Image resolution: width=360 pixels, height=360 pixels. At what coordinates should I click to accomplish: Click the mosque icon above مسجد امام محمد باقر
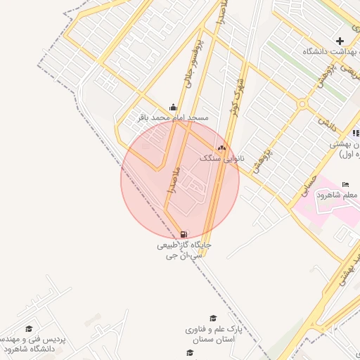point(173,107)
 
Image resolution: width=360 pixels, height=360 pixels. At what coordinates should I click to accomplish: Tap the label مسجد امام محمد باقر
point(173,117)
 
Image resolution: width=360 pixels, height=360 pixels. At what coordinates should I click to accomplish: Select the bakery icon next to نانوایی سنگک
point(223,148)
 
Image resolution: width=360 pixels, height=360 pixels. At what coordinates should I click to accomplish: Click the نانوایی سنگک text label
point(222,159)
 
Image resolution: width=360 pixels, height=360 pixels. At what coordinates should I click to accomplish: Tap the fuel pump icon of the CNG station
point(184,235)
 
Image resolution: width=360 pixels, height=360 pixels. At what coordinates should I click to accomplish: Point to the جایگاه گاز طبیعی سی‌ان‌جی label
point(184,251)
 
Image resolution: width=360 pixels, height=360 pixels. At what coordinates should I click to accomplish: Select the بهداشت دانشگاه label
point(330,52)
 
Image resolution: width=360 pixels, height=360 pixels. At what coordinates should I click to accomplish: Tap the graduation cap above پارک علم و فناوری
point(214,319)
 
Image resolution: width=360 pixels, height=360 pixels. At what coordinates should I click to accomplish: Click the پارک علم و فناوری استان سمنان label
point(214,334)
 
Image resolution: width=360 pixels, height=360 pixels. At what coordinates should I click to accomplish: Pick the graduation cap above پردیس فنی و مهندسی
point(30,328)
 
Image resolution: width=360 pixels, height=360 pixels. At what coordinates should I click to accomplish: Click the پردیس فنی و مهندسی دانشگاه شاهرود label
point(35,344)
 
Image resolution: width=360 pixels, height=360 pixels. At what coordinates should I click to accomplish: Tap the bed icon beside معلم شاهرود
point(345,184)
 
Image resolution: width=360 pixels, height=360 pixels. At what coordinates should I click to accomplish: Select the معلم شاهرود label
point(338,195)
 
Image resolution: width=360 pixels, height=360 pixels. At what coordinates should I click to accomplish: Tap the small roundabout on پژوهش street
point(302,104)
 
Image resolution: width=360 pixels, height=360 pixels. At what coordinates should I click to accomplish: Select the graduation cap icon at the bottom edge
point(189,353)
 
